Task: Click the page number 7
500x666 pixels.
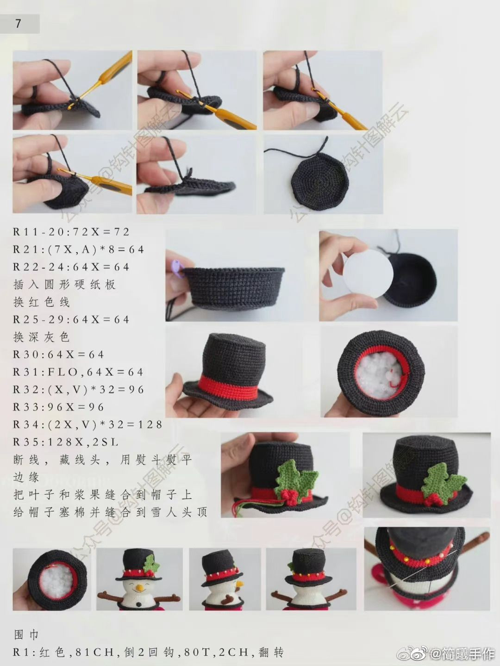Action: [18, 24]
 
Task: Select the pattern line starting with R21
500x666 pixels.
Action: [78, 249]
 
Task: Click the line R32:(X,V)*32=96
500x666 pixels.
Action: [78, 389]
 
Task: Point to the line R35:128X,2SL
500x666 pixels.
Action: [65, 442]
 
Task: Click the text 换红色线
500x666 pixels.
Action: [42, 302]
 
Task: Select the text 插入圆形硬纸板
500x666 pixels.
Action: [65, 284]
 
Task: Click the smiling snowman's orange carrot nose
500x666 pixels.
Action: [140, 588]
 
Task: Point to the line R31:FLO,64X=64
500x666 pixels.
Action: [78, 372]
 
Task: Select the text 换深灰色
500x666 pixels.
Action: [42, 337]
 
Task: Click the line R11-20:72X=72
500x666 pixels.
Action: [71, 232]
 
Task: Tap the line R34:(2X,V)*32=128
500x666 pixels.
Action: [87, 424]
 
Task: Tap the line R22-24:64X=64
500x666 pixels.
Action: [71, 267]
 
